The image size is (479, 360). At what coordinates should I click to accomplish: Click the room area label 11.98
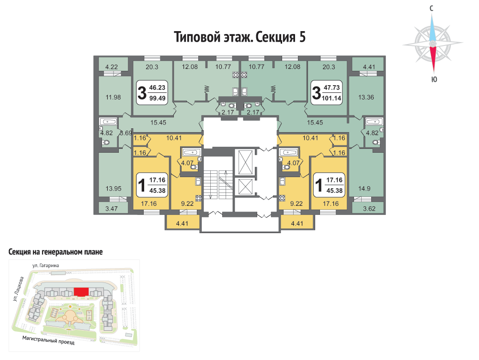tap(113, 97)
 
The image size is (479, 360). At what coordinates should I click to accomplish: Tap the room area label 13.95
tap(114, 189)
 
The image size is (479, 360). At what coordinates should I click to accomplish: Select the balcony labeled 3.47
tap(111, 208)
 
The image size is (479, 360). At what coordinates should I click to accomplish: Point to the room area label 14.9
tap(364, 189)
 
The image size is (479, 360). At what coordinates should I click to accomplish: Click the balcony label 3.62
tap(369, 209)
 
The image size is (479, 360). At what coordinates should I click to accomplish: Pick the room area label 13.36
tap(366, 97)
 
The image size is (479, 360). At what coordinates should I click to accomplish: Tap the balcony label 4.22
tap(111, 67)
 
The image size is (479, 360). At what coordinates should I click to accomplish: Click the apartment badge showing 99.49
tap(152, 92)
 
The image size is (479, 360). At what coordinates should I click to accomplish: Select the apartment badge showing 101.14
tap(327, 92)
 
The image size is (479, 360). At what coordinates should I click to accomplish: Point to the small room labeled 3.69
tap(125, 133)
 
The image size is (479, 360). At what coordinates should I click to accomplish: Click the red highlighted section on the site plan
tap(81, 292)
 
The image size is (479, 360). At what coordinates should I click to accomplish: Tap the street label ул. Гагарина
tap(46, 266)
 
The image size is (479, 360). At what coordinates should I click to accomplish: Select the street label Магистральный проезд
tap(48, 340)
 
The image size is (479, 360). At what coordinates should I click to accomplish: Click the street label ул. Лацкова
tap(18, 289)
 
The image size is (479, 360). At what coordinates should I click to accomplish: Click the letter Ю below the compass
tap(434, 79)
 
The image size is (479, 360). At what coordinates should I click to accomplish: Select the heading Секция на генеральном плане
tap(55, 252)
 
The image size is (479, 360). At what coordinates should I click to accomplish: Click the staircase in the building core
tap(218, 185)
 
